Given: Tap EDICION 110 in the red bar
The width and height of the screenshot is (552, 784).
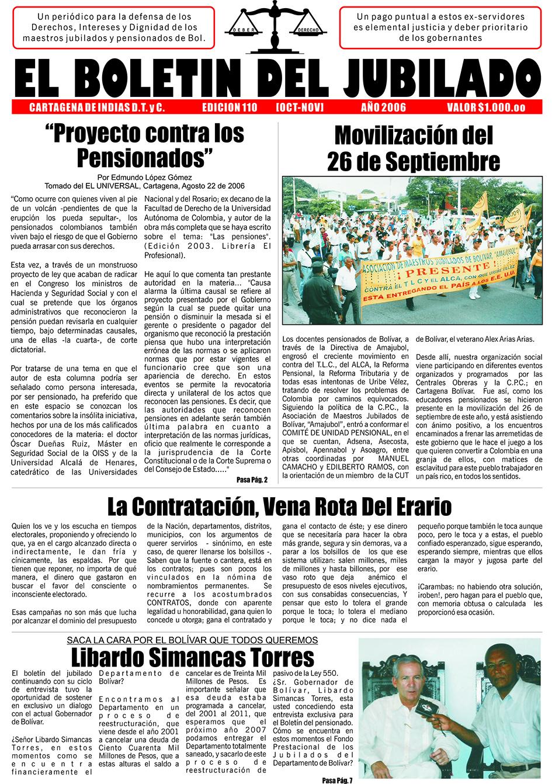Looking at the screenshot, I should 229,107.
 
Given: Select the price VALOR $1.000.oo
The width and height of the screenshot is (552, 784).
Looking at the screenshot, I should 485,107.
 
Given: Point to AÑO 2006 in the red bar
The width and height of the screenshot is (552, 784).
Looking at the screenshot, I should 383,107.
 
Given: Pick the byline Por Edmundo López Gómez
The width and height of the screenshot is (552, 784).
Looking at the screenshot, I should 144,177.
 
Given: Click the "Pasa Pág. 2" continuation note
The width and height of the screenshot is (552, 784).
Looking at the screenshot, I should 252,480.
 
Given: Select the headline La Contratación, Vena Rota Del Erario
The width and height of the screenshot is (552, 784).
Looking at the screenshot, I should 279,505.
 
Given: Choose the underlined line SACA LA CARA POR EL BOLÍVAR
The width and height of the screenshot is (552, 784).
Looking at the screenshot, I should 192,640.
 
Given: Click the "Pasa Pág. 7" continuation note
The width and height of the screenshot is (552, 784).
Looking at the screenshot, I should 337,779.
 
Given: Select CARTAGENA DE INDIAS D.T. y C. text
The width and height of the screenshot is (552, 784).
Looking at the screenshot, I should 96,107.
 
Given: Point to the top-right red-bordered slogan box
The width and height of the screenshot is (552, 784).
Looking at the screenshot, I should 442,27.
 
